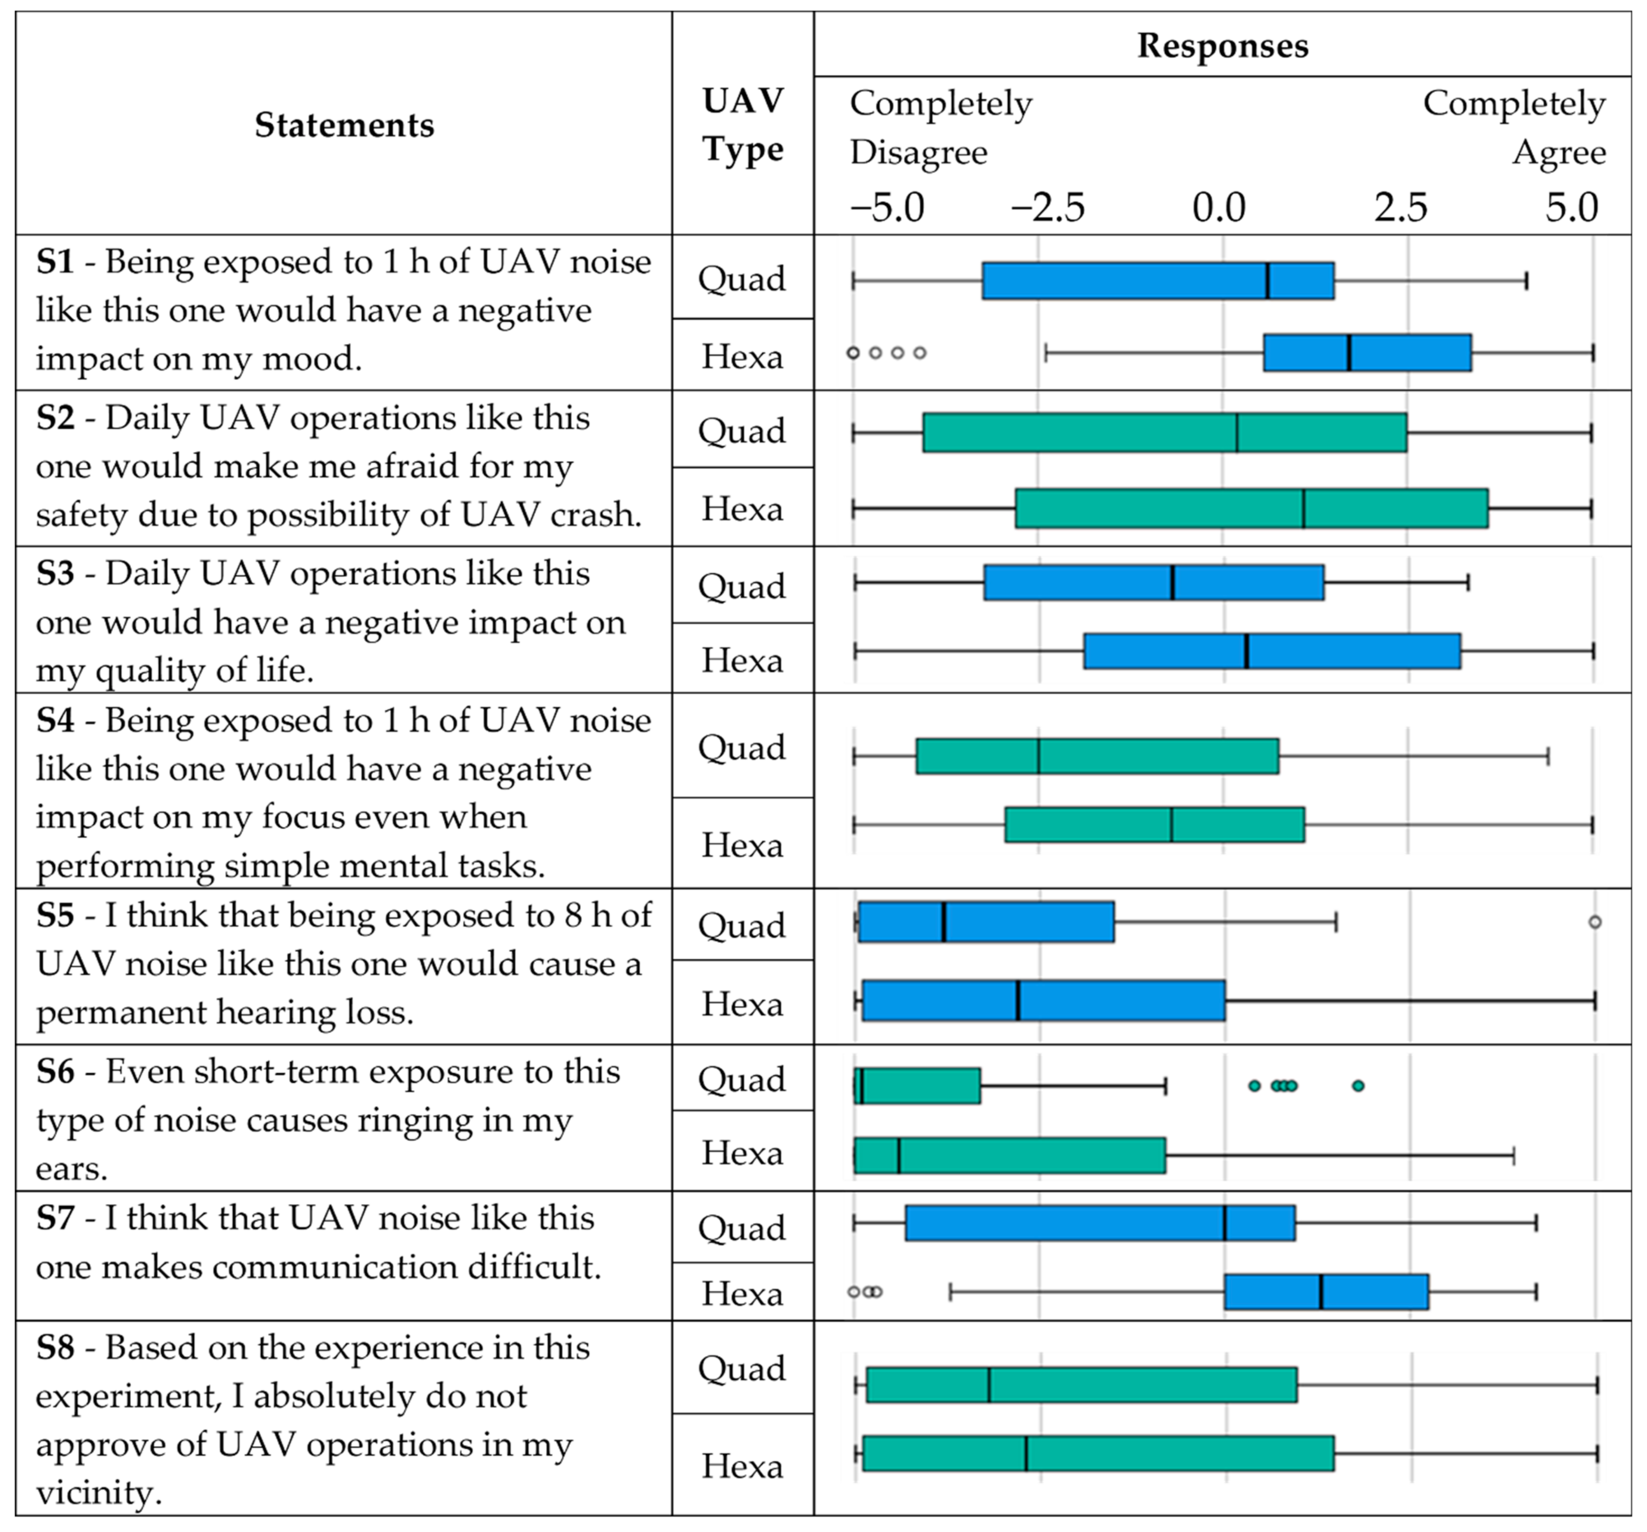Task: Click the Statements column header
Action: click(x=344, y=125)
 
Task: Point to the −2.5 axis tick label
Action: click(x=1047, y=207)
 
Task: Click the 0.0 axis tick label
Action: click(x=1219, y=207)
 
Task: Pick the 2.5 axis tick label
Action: click(x=1401, y=207)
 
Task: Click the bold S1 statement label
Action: click(x=55, y=262)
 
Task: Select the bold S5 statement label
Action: click(x=55, y=916)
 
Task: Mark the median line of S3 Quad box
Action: click(x=1172, y=583)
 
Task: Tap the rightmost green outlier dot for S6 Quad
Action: click(x=1358, y=1085)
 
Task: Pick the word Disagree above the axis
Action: click(x=919, y=153)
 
